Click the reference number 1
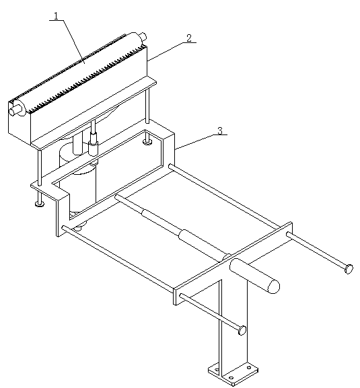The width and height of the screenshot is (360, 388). (x=57, y=16)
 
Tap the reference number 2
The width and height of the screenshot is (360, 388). (x=189, y=38)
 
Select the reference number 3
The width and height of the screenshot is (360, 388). (x=220, y=130)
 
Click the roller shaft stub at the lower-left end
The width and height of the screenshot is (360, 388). (x=14, y=111)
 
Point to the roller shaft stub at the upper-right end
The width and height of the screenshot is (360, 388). (x=143, y=37)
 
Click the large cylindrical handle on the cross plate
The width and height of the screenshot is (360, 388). (x=254, y=276)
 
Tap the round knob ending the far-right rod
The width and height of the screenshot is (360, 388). (x=349, y=269)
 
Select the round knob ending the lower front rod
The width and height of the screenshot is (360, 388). (x=242, y=330)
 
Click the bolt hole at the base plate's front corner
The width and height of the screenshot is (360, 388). (x=231, y=378)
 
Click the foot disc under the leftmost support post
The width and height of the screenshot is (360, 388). (x=40, y=204)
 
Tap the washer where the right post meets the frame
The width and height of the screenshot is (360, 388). (x=147, y=142)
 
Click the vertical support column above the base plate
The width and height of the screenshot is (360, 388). (x=233, y=325)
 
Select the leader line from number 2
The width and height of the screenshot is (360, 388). (x=166, y=52)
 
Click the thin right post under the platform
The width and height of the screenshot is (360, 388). (x=147, y=105)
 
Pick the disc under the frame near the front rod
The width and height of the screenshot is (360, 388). (x=80, y=226)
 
